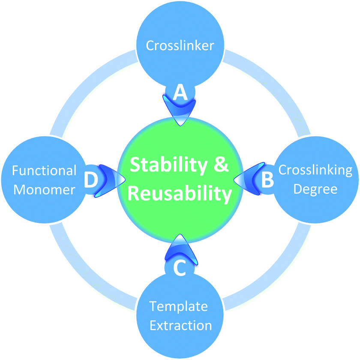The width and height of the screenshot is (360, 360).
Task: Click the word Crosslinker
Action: pyautogui.click(x=180, y=45)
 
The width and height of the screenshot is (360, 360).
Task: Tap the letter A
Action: pyautogui.click(x=180, y=92)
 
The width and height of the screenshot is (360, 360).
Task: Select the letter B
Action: pyautogui.click(x=268, y=179)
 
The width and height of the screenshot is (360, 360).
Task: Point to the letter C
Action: pyautogui.click(x=180, y=268)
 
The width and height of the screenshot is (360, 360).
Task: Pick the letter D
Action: pyautogui.click(x=91, y=180)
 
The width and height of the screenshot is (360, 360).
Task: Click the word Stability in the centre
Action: pyautogui.click(x=169, y=165)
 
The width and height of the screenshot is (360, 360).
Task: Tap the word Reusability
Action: pyautogui.click(x=180, y=194)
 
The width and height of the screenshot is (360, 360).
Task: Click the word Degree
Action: pyautogui.click(x=315, y=189)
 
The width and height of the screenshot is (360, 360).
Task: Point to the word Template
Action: pyautogui.click(x=178, y=307)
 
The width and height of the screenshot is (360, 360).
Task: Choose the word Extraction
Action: pyautogui.click(x=181, y=326)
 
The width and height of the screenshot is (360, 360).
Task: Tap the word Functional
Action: pyautogui.click(x=44, y=171)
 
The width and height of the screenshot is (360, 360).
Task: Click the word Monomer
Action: pyautogui.click(x=44, y=189)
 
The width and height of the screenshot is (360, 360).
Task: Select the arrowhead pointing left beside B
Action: pyautogui.click(x=249, y=179)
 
